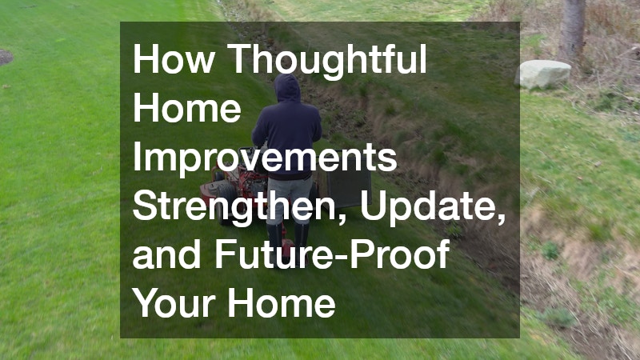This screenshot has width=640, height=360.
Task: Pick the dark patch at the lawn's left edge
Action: (5, 57)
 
